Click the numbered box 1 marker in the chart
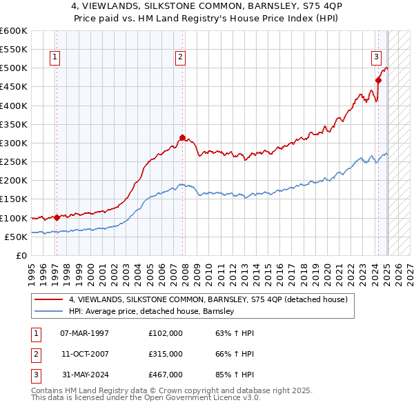point(55,57)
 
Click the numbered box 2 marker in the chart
point(179,57)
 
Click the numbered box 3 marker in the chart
point(376,57)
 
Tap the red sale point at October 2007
point(182,137)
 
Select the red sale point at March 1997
point(57,217)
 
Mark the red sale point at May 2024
point(378,81)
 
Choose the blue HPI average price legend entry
point(152,311)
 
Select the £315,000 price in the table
point(166,354)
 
